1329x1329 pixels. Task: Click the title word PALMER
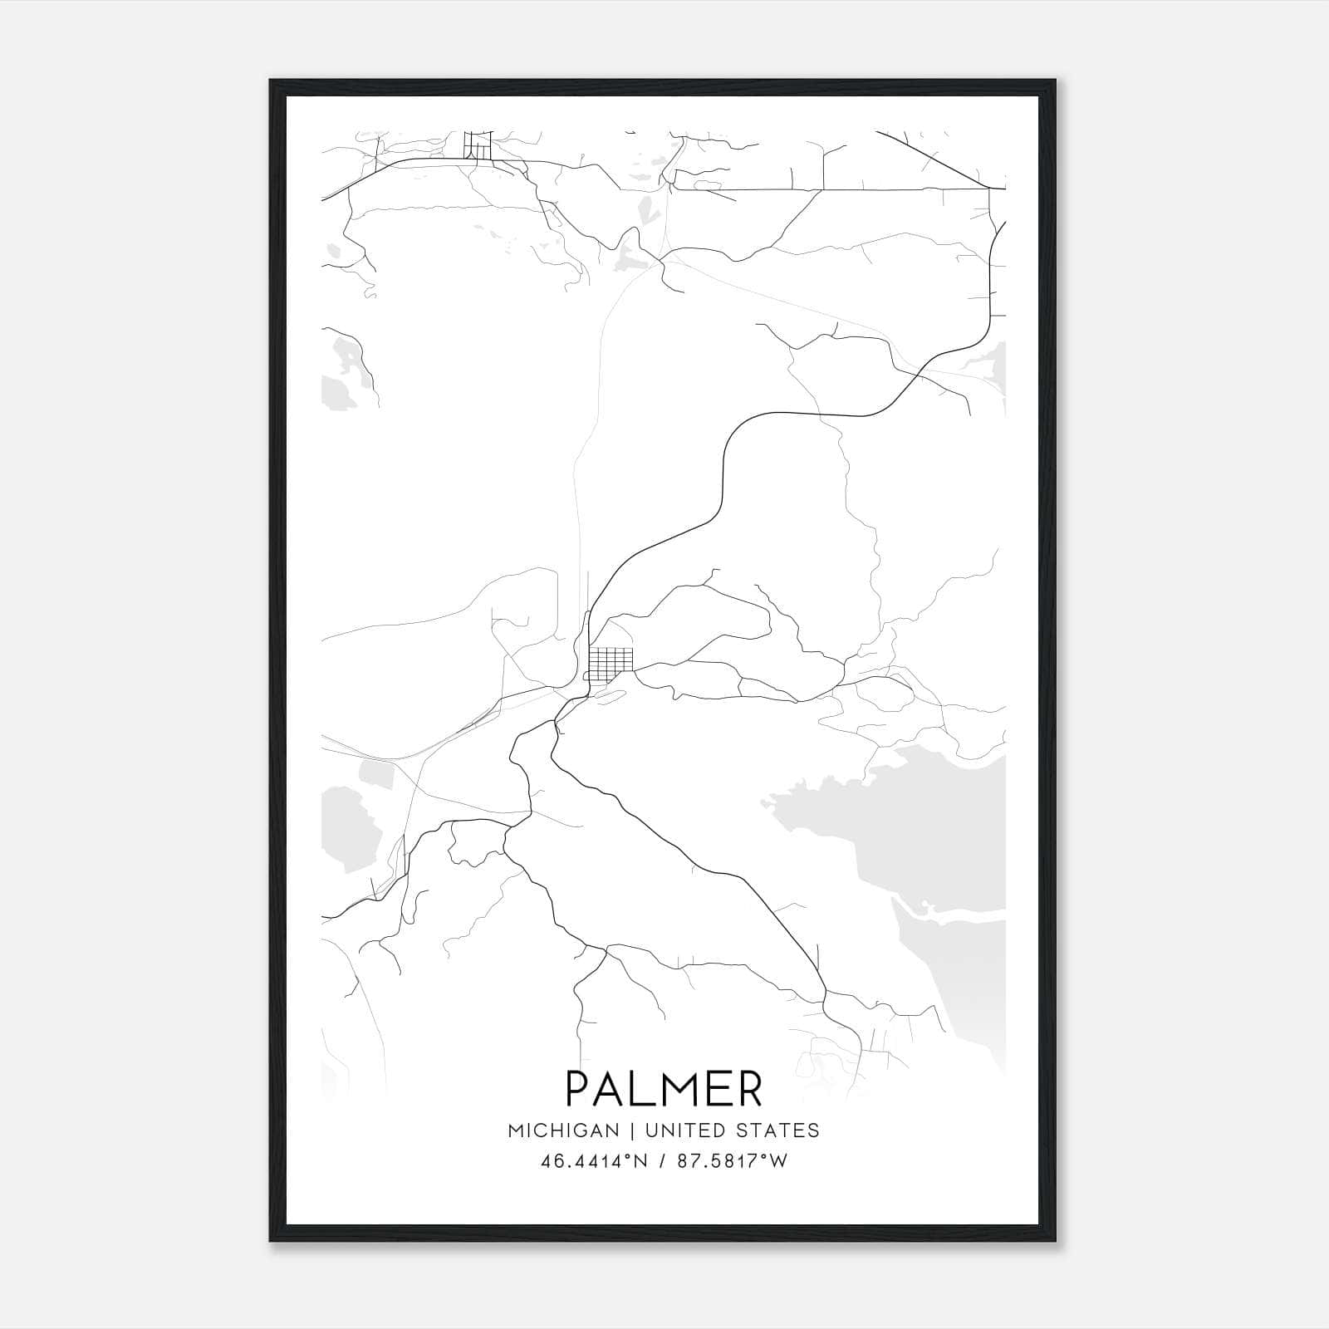pyautogui.click(x=664, y=1089)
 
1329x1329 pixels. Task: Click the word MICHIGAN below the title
pyautogui.click(x=563, y=1130)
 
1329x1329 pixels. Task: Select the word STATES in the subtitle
pyautogui.click(x=781, y=1130)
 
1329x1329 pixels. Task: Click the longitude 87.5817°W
pyautogui.click(x=731, y=1161)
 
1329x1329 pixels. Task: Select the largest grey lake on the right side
pyautogui.click(x=922, y=831)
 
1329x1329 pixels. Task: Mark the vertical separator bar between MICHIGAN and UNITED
pyautogui.click(x=632, y=1130)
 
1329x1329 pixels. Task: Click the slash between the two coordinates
pyautogui.click(x=662, y=1161)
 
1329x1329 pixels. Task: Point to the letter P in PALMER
pyautogui.click(x=579, y=1089)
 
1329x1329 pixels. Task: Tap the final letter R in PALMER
pyautogui.click(x=749, y=1089)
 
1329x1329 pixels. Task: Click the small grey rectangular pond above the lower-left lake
pyautogui.click(x=375, y=774)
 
